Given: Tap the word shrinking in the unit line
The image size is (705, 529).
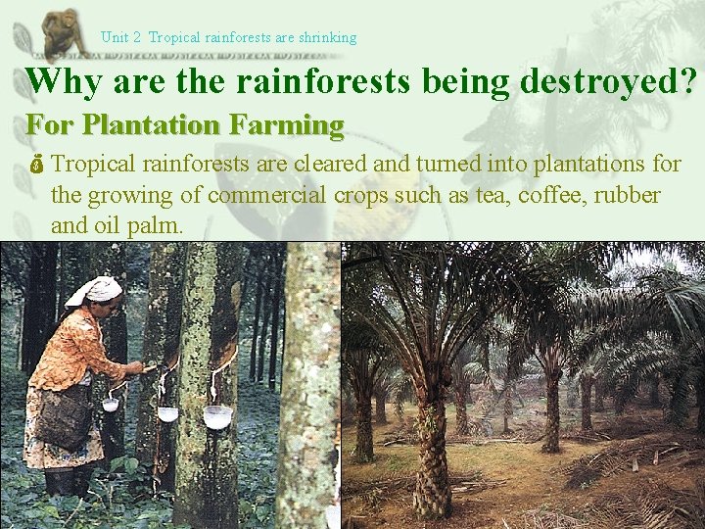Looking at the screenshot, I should click(x=327, y=37).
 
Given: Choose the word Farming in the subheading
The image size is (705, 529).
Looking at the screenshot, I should click(x=289, y=125).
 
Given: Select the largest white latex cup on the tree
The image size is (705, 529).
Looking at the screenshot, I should click(x=217, y=415).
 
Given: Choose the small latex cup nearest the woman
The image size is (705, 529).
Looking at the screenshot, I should click(x=111, y=404).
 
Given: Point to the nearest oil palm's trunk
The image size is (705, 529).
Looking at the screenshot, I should click(x=431, y=460).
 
